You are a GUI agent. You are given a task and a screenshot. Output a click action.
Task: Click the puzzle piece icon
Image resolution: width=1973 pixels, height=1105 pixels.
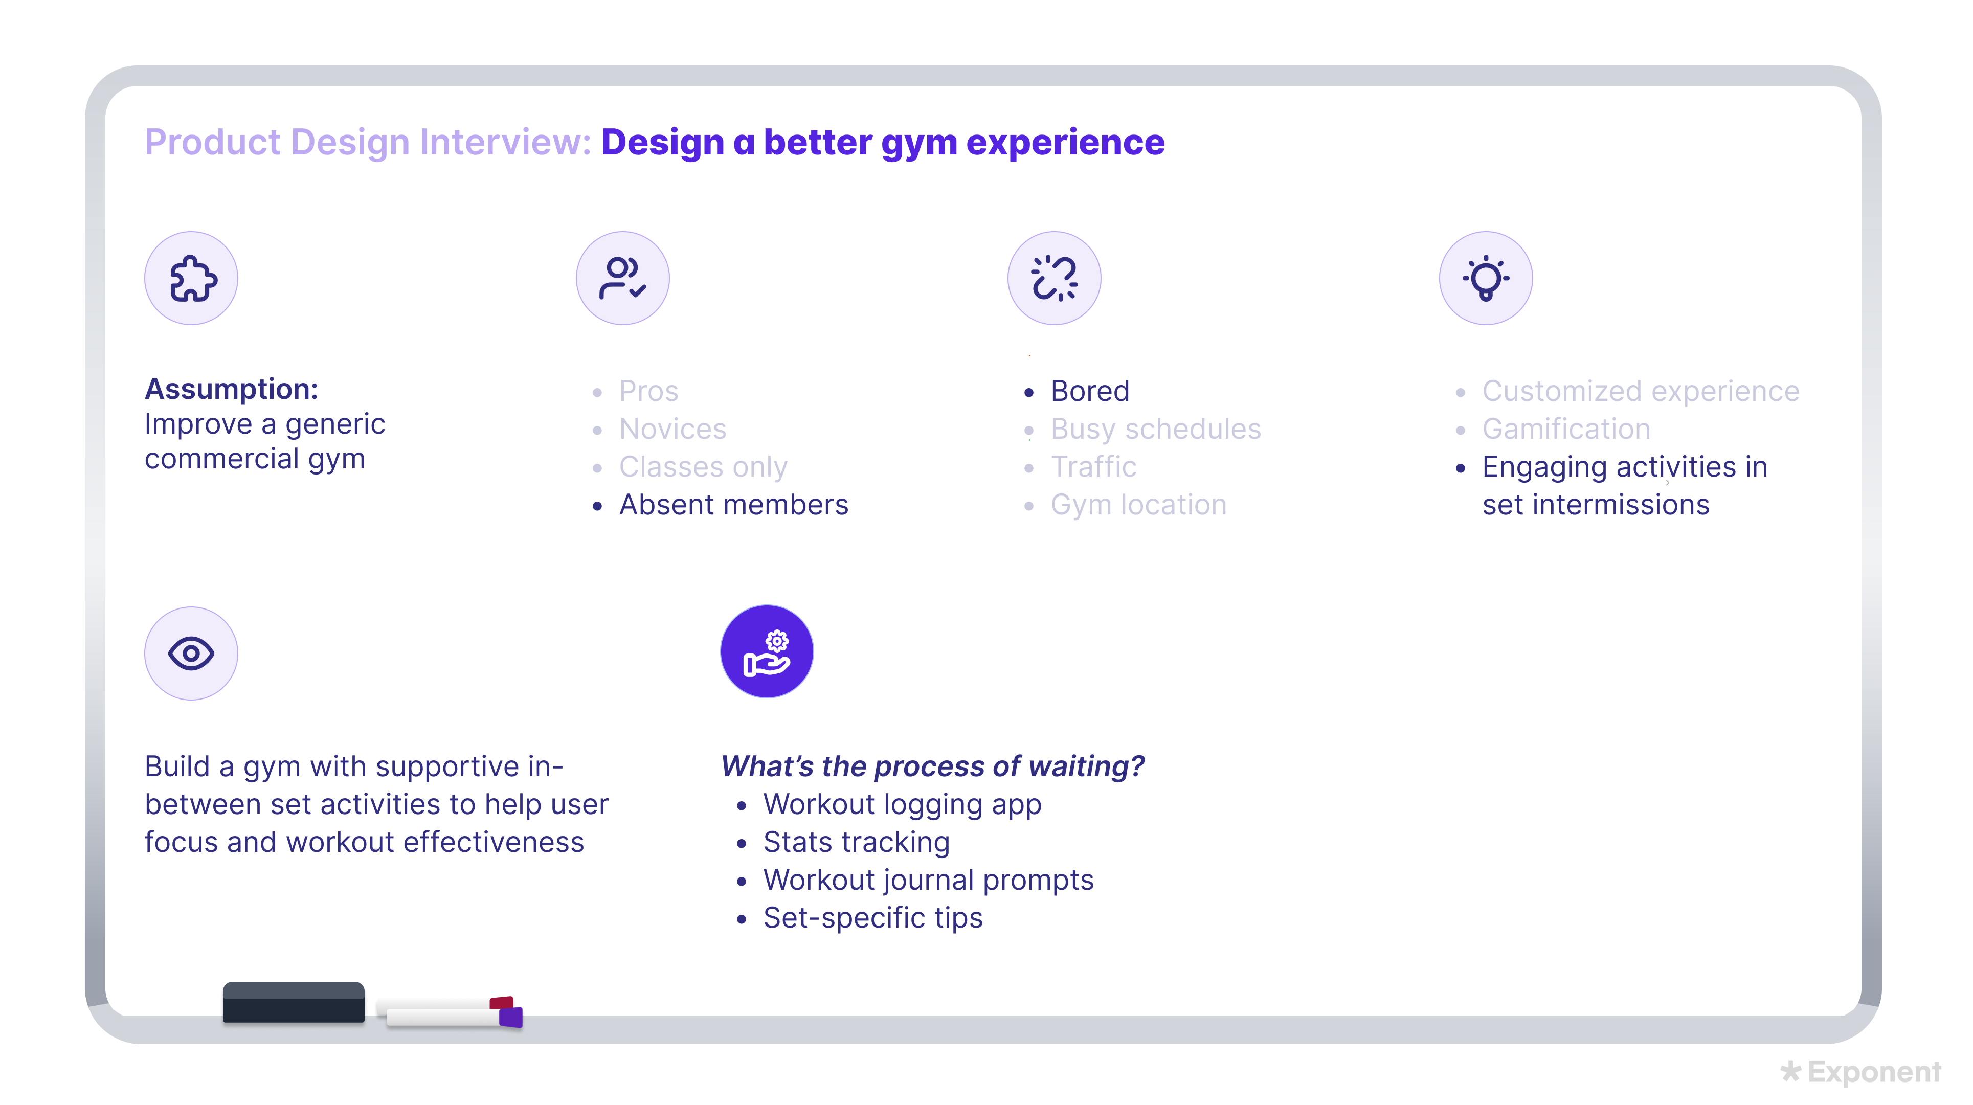click(x=191, y=279)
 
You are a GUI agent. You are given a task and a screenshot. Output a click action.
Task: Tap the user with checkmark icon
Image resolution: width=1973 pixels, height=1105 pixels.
click(x=623, y=279)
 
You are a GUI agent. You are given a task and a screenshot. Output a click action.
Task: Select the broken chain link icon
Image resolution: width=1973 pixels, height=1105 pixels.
click(x=1054, y=279)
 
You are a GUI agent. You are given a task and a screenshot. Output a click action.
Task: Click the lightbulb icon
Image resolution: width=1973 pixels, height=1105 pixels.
click(x=1486, y=279)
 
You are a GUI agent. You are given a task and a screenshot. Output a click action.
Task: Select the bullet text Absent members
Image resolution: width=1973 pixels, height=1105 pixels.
click(x=733, y=505)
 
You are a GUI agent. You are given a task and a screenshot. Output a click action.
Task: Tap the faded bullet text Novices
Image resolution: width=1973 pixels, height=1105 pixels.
click(x=672, y=429)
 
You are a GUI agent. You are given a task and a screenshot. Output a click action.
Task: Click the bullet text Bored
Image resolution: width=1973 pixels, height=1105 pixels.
click(x=1089, y=391)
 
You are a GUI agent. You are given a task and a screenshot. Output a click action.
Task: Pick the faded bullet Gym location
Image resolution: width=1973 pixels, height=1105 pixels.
click(x=1138, y=505)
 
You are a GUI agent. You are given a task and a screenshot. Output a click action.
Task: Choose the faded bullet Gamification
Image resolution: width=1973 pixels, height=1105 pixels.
click(x=1565, y=429)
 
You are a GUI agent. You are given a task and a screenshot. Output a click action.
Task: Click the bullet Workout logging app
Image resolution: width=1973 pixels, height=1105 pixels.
click(x=902, y=804)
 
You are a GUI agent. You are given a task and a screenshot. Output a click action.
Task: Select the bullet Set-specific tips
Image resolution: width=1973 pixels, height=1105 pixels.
click(x=872, y=917)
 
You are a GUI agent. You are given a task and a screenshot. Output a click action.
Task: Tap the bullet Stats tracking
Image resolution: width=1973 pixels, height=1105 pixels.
click(x=856, y=842)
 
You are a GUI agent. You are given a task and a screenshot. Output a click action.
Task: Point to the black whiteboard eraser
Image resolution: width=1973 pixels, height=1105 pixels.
click(x=294, y=1002)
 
